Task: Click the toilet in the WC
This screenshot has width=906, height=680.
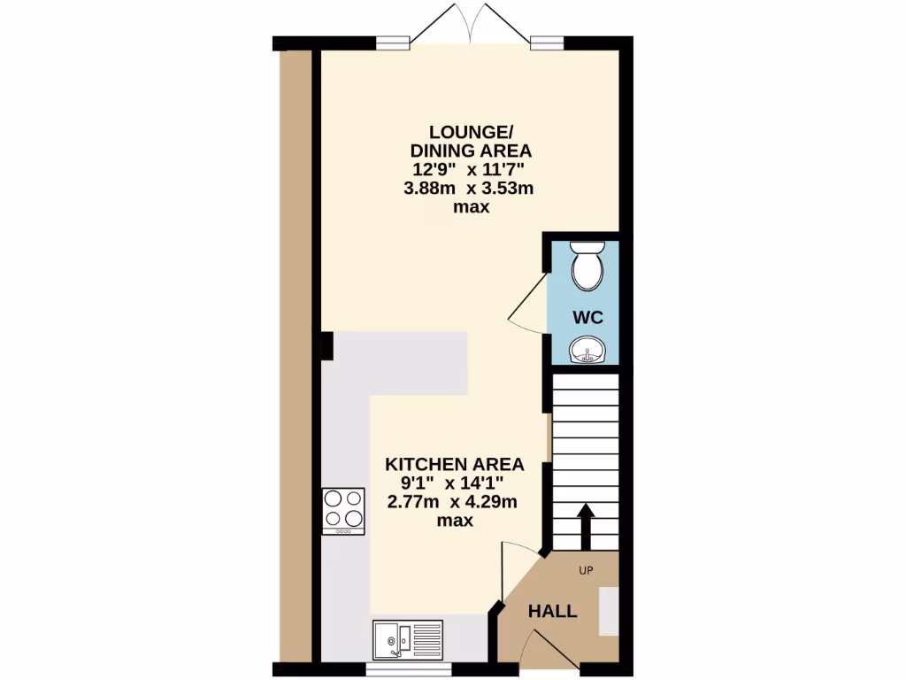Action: coord(585,267)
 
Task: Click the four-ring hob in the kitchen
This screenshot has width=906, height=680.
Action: coord(343,511)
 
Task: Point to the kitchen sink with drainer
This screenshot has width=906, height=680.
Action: coord(407,638)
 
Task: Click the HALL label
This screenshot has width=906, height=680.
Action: coord(552,611)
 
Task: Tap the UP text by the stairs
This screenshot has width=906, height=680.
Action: coord(585,570)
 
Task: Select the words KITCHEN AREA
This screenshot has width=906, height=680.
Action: coord(454,464)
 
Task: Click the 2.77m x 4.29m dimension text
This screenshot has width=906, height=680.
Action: coord(452,502)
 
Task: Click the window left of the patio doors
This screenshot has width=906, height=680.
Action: coord(392,41)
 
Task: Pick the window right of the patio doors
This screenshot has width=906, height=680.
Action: coord(547,41)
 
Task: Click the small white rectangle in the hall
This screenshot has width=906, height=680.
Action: coord(608,610)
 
